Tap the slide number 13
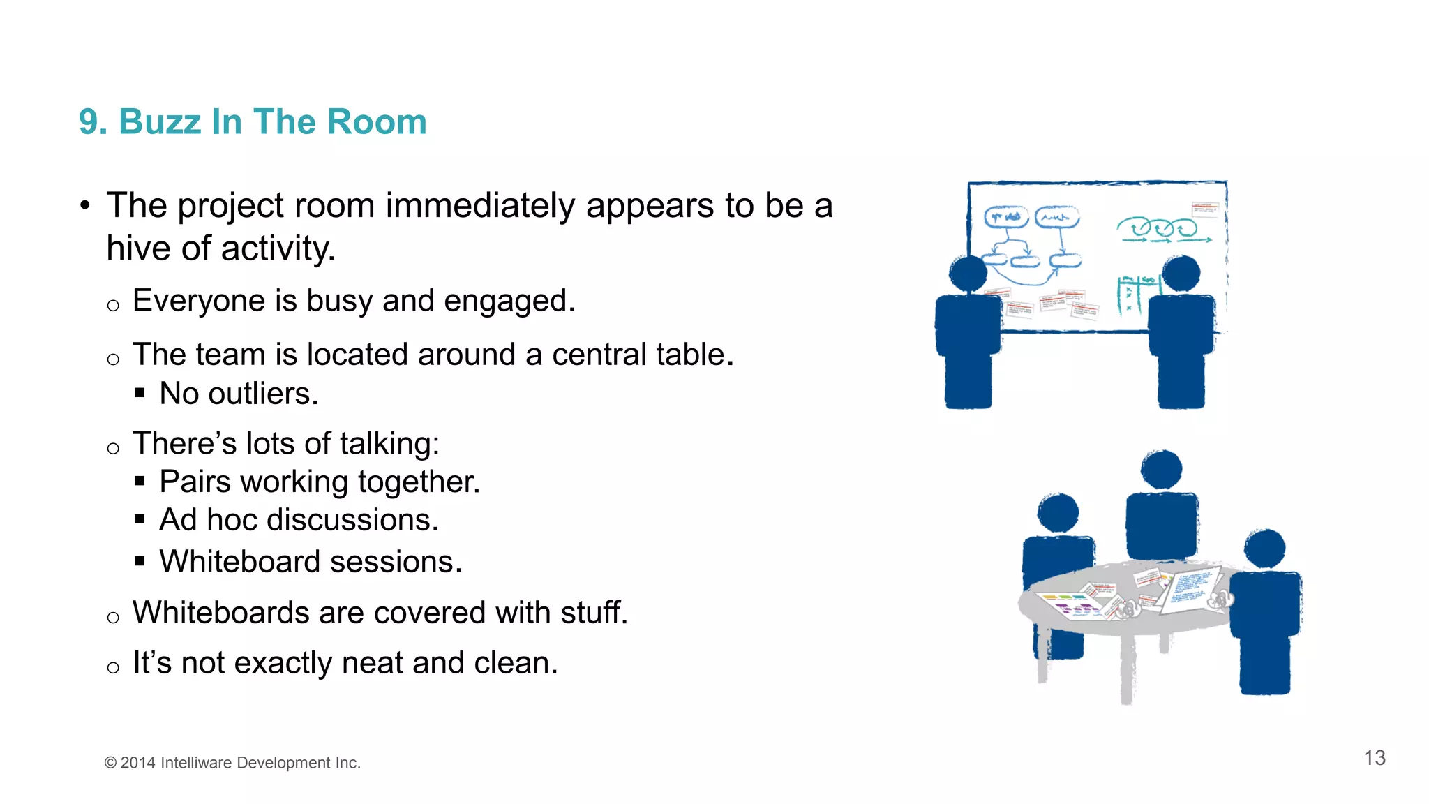[1374, 758]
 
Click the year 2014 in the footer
[137, 763]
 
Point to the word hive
[138, 248]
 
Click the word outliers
[263, 394]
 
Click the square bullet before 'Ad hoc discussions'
[140, 519]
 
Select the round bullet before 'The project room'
[85, 206]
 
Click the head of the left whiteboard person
[968, 274]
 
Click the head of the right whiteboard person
[1181, 273]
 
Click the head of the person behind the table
[1161, 470]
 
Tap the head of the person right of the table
[1264, 548]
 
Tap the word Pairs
[195, 482]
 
